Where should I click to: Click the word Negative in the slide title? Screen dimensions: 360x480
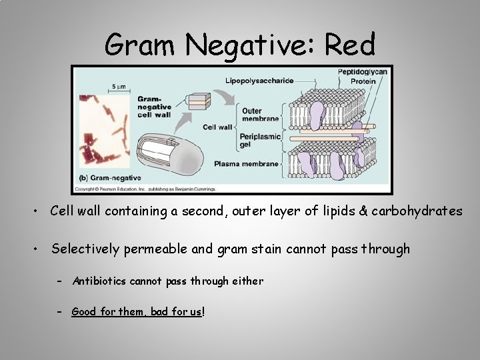252,45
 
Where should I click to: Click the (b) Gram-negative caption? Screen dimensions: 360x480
107,179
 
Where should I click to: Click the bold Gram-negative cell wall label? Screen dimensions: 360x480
154,106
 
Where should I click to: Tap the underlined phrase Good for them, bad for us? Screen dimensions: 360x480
137,311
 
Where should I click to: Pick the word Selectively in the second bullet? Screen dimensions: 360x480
85,249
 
